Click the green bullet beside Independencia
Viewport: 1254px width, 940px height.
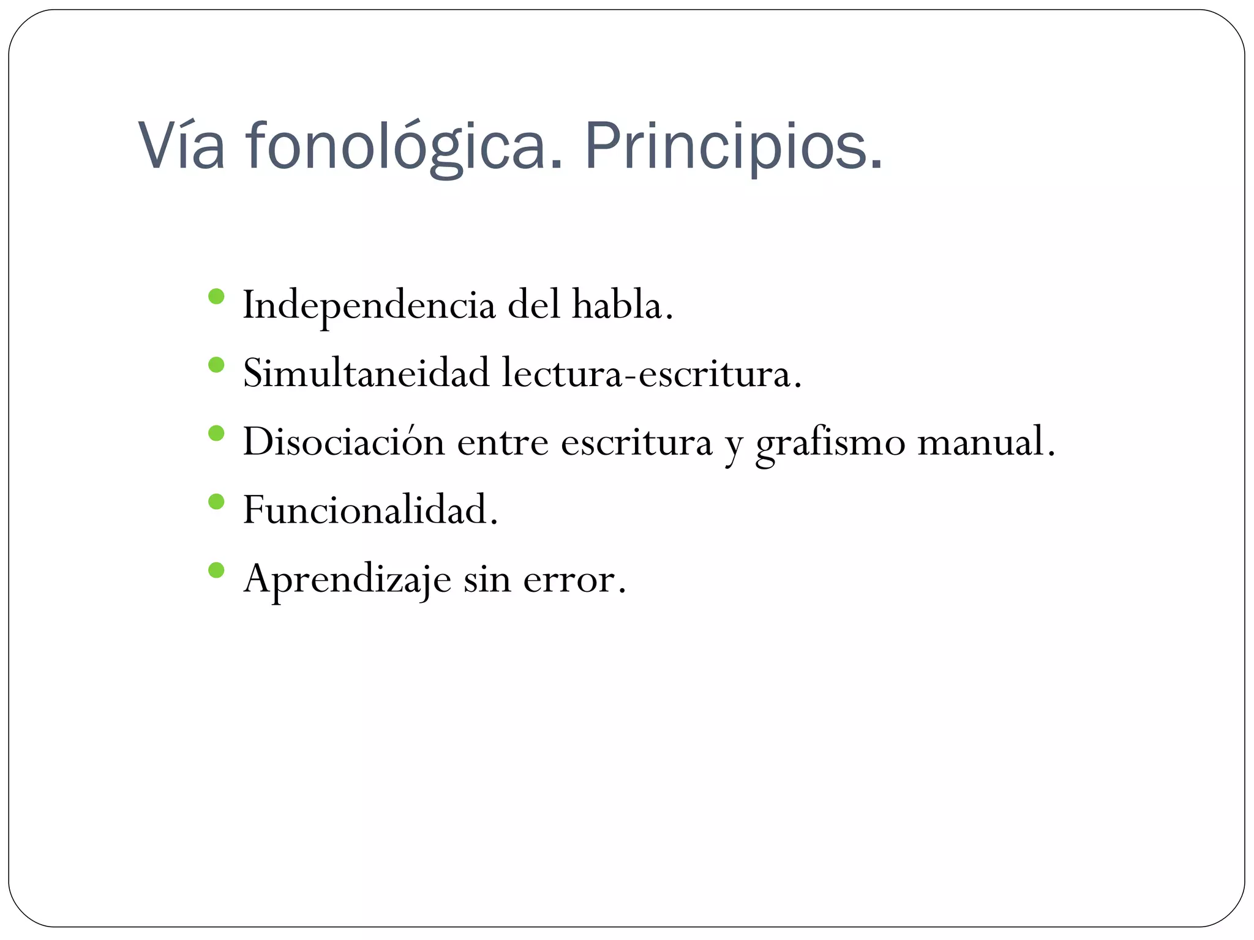pos(216,297)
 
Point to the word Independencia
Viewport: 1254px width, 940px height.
pos(369,305)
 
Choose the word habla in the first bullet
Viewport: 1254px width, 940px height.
pos(621,304)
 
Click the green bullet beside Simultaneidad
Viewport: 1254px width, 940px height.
pos(216,365)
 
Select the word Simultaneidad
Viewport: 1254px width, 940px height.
pos(366,373)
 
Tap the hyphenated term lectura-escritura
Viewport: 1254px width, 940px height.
pos(650,373)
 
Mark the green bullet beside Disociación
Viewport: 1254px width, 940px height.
pos(216,434)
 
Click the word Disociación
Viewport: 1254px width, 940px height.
pos(344,441)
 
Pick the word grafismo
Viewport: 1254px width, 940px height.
pos(830,442)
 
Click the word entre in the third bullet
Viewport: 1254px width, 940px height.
pos(503,442)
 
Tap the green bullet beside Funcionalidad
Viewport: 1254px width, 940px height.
pos(216,502)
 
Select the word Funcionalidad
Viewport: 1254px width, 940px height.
pos(369,510)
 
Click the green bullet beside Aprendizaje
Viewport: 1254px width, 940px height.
pos(216,570)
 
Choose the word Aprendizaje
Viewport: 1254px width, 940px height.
pos(347,578)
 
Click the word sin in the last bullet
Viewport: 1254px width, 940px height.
pos(487,578)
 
